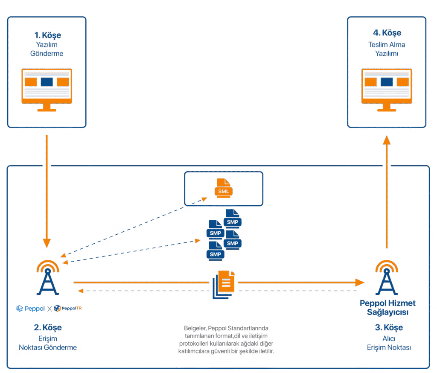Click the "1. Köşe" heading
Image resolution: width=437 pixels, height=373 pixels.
(47, 35)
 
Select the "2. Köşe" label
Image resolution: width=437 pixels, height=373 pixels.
(48, 328)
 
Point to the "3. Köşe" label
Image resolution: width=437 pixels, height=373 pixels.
(387, 328)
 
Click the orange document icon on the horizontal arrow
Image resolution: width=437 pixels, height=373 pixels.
(225, 283)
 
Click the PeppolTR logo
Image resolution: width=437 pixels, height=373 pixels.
(68, 309)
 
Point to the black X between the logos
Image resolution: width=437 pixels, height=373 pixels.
(50, 309)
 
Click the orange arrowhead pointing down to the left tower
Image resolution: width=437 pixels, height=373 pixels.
(47, 243)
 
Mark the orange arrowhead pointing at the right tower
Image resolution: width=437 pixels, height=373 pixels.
(361, 283)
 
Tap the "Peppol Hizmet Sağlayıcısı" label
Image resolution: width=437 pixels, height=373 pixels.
(387, 307)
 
